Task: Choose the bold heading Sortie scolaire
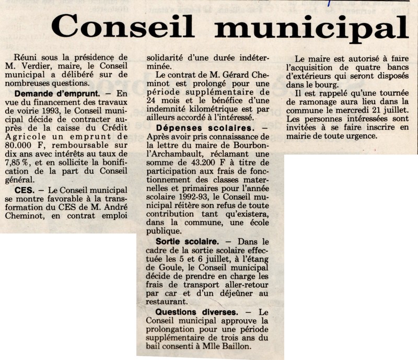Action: click(x=187, y=242)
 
